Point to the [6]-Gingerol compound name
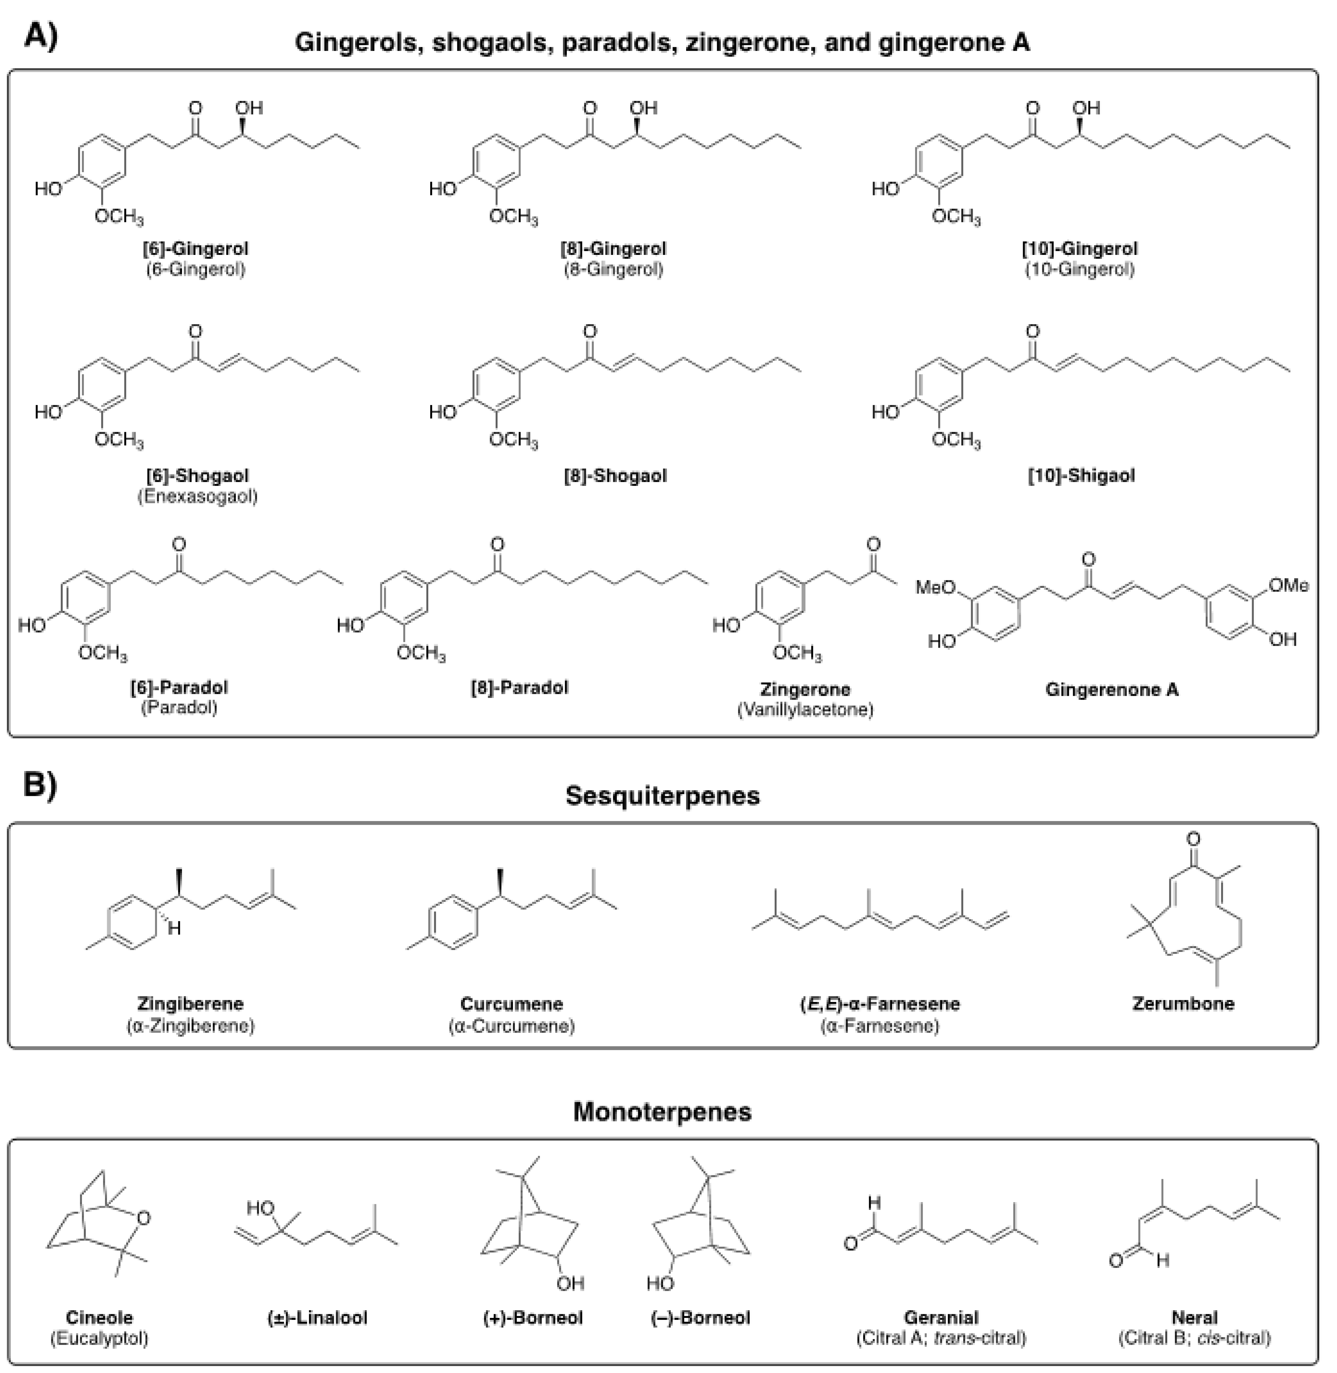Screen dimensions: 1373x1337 click(195, 249)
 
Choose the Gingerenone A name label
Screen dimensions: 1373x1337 click(1112, 689)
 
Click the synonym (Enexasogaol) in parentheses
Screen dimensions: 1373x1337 click(197, 496)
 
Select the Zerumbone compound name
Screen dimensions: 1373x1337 click(1183, 1003)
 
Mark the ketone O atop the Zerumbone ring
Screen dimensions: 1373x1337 click(1193, 839)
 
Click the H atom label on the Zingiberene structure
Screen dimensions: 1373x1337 click(174, 929)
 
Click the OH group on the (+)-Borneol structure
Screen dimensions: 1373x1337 click(570, 1283)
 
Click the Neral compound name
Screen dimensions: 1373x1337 click(1194, 1318)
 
